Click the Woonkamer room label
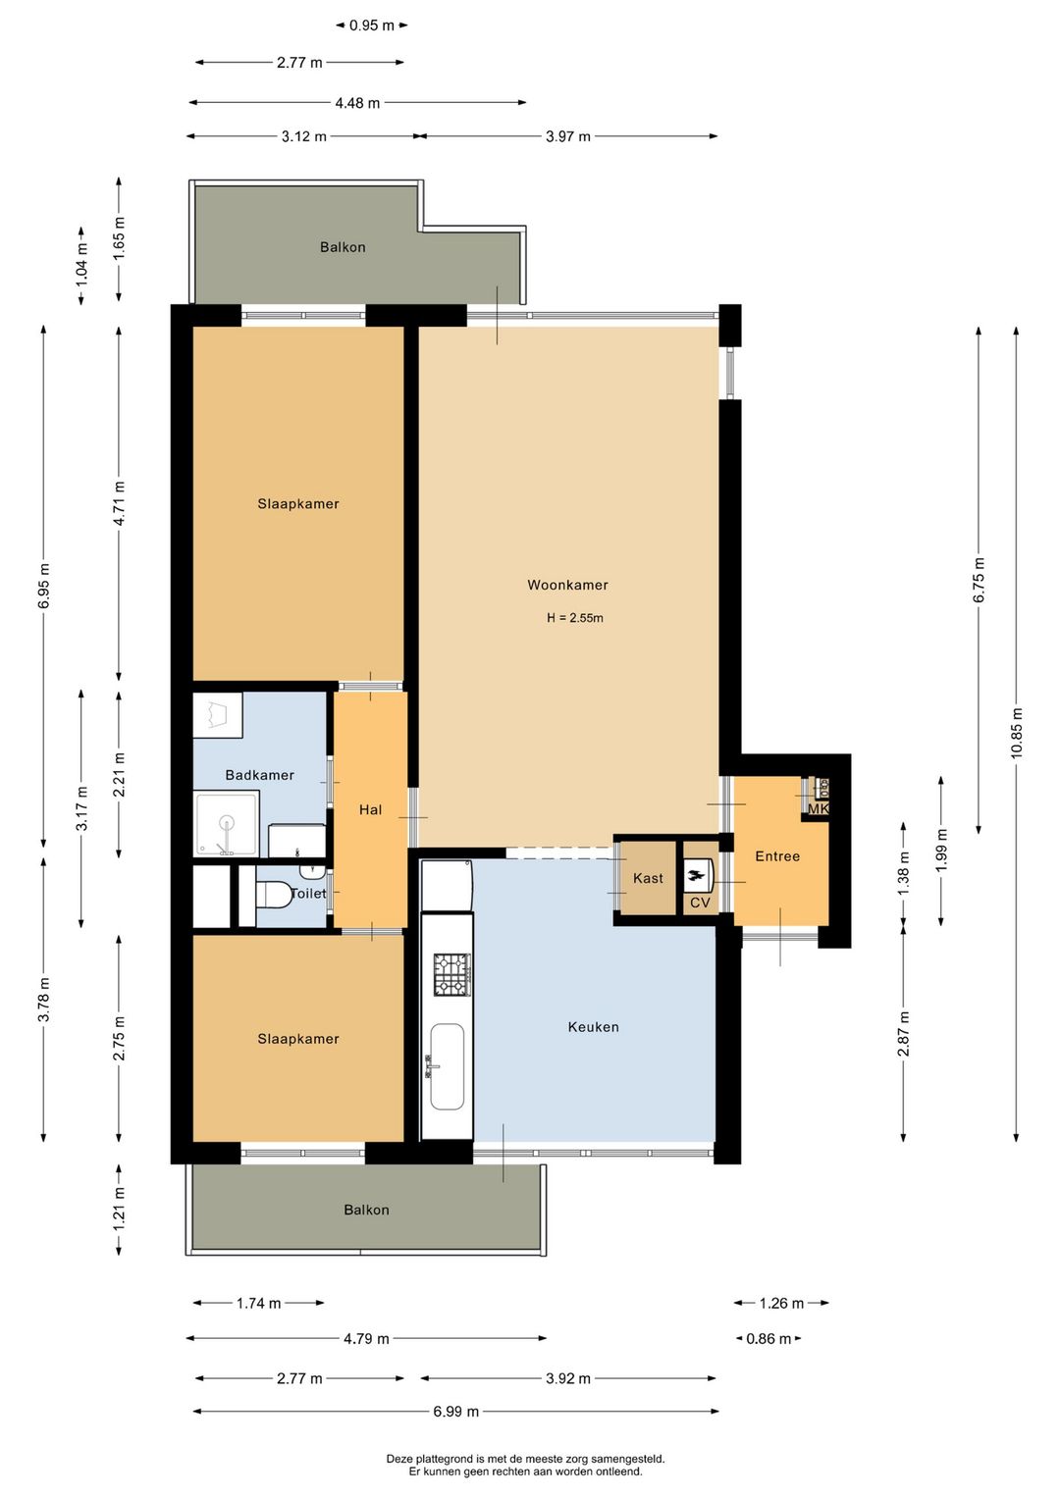[567, 585]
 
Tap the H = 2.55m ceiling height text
[575, 618]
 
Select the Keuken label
[593, 1026]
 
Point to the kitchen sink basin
[447, 1066]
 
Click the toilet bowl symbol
[274, 895]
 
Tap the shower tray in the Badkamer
[226, 823]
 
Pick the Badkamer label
[259, 775]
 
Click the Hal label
[370, 810]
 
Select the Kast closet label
[648, 878]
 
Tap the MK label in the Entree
[819, 809]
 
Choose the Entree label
[777, 856]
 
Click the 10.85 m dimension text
[1017, 733]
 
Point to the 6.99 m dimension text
[456, 1412]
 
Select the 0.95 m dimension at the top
[372, 26]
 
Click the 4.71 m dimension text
[119, 503]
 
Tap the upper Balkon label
[343, 247]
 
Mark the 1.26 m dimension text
[781, 1303]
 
